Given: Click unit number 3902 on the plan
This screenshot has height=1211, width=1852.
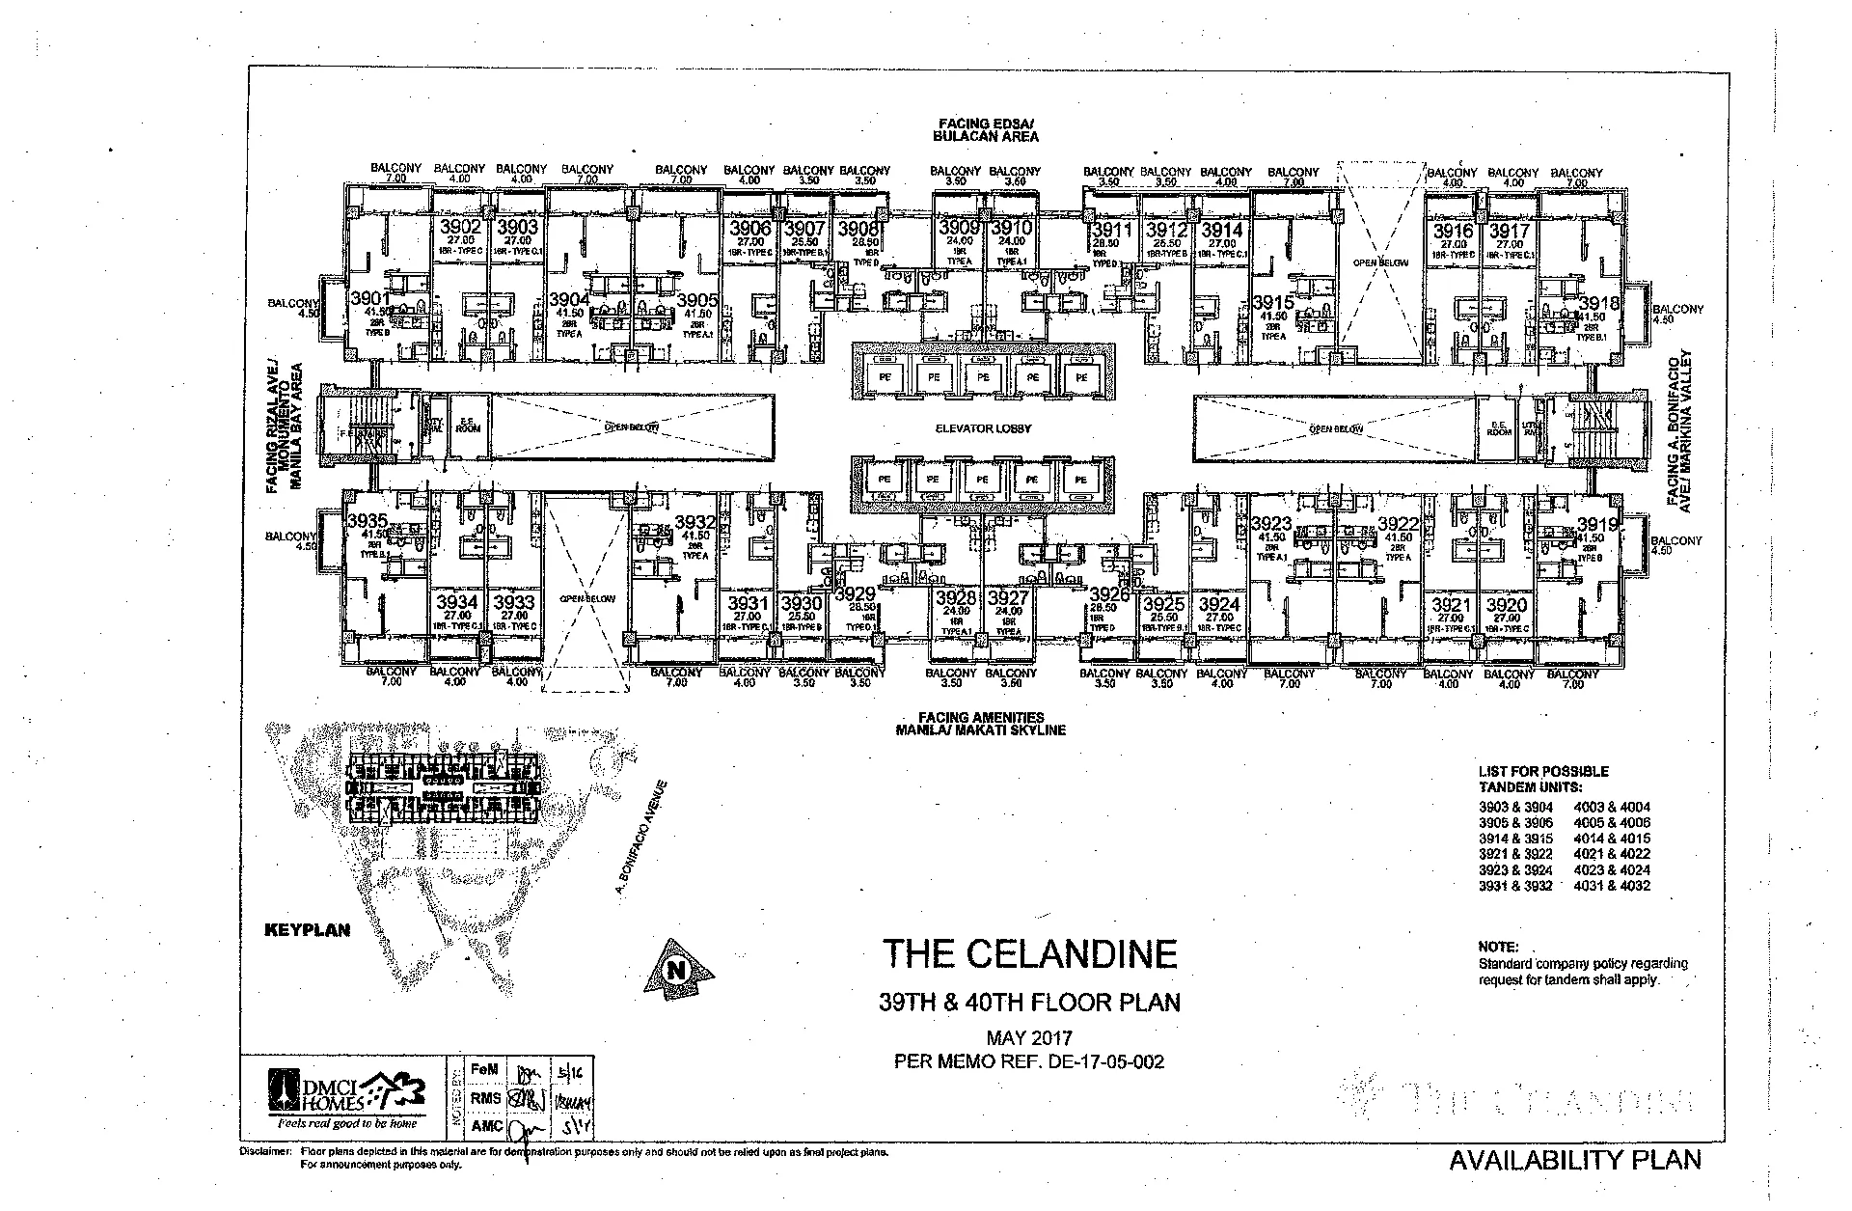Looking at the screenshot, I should [x=459, y=229].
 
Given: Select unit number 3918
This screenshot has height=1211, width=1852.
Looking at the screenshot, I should [x=1598, y=304].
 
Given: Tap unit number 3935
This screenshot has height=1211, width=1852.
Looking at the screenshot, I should [x=368, y=521].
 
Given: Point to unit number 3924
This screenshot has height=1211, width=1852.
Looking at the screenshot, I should [x=1219, y=605].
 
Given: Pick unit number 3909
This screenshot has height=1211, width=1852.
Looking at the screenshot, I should [x=959, y=229].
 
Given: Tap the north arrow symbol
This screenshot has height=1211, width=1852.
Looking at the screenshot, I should [x=681, y=968].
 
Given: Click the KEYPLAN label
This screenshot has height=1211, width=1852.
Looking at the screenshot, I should [x=308, y=930].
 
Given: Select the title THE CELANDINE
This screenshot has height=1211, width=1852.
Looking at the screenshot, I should [x=1030, y=954].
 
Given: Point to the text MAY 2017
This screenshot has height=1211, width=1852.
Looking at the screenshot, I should [x=1029, y=1039].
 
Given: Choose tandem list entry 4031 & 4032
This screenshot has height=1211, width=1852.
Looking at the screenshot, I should [x=1612, y=886].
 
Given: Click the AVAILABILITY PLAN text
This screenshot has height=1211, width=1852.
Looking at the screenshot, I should [x=1575, y=1160].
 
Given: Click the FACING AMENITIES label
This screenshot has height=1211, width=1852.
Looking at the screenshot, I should [x=981, y=717].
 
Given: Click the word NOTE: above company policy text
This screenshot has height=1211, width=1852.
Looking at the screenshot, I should [x=1498, y=948].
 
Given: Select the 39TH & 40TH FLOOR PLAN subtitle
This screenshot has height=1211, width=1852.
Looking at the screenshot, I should [x=1029, y=1003].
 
